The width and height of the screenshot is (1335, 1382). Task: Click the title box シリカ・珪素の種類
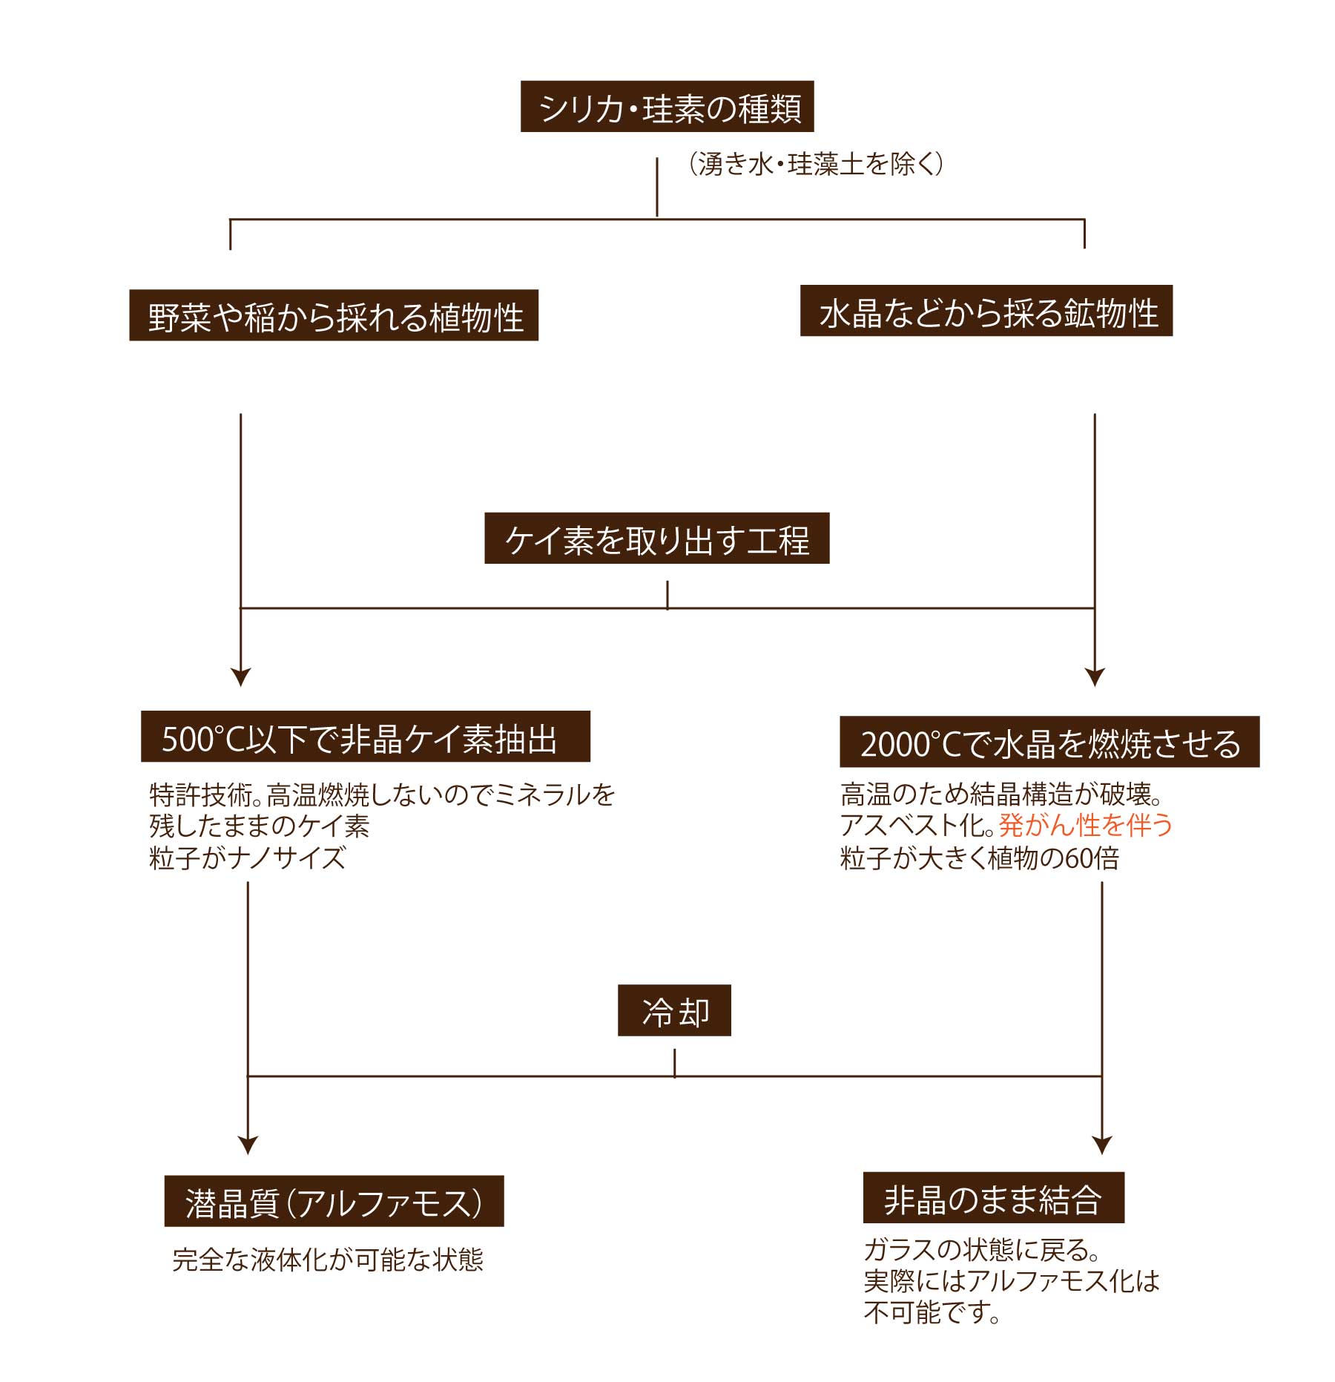click(667, 107)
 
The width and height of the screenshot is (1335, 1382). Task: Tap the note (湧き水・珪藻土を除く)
click(816, 164)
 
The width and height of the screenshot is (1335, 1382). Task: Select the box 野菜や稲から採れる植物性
click(334, 315)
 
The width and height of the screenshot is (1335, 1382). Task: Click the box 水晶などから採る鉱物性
click(986, 311)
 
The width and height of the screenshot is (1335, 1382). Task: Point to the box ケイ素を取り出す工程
click(656, 538)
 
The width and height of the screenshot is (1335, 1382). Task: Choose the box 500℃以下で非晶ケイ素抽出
click(366, 737)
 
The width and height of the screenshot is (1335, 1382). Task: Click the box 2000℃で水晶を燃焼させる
click(1049, 742)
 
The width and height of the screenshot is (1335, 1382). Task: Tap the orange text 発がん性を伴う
click(1086, 825)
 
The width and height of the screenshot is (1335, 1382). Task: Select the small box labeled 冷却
click(674, 1010)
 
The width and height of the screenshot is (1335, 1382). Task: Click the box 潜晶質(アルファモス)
click(334, 1201)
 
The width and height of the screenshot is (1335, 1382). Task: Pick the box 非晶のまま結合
click(994, 1198)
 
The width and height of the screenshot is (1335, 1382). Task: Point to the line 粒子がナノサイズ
click(248, 858)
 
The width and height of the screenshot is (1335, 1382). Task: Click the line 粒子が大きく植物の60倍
click(980, 858)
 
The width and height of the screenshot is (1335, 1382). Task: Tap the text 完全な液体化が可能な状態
click(328, 1260)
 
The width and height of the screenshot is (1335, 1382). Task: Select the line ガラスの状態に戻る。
click(982, 1250)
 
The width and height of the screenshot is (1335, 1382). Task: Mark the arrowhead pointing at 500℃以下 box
click(241, 677)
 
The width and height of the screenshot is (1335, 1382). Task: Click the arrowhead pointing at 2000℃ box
click(1095, 677)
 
